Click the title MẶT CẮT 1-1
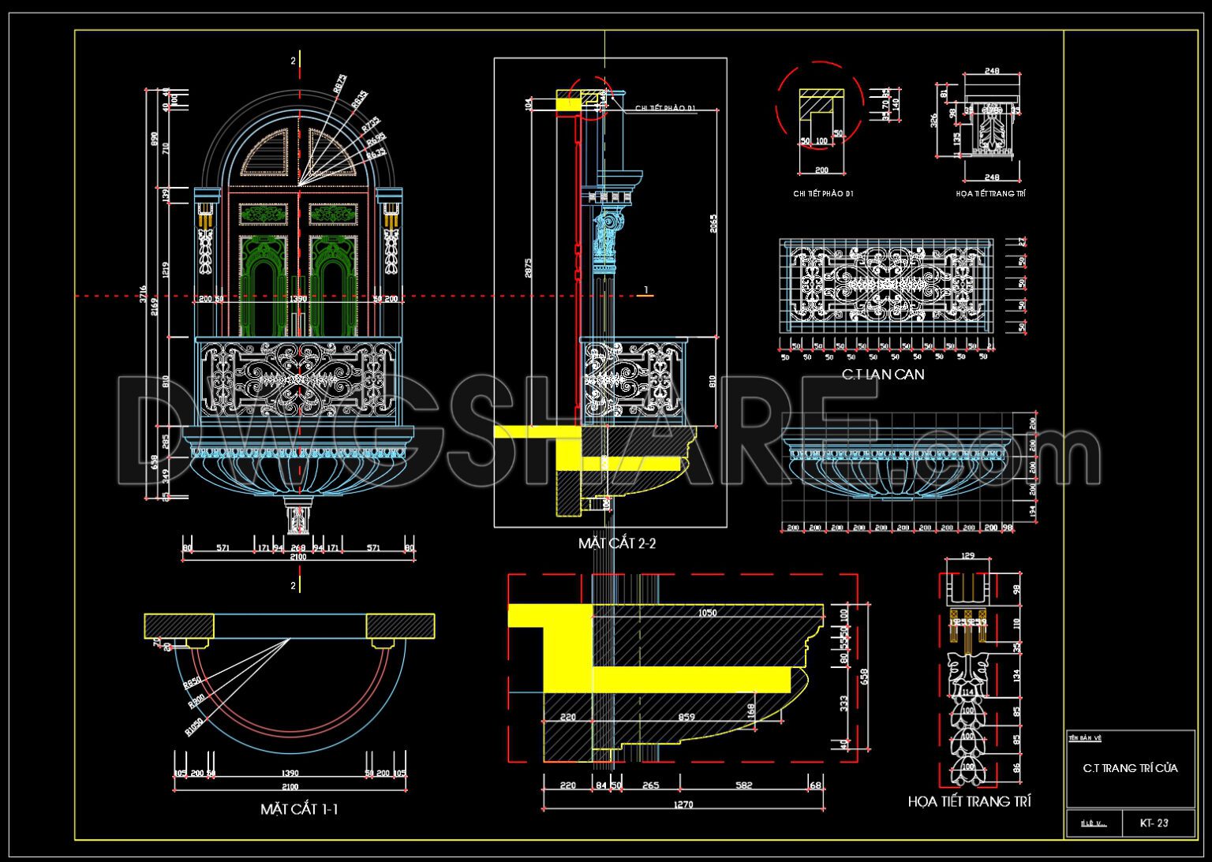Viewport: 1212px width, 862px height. click(299, 809)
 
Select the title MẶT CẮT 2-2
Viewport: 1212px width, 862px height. click(617, 543)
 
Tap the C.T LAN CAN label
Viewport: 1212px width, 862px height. click(882, 375)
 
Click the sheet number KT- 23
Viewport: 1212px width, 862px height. click(1154, 823)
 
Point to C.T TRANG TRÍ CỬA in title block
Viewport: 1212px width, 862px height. click(1130, 767)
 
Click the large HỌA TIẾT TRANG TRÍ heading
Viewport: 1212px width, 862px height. click(969, 801)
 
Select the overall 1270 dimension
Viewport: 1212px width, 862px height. click(683, 804)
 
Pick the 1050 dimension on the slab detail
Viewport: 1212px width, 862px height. click(707, 613)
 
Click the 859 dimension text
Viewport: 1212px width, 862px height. click(686, 717)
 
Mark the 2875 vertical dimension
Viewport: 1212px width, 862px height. click(528, 268)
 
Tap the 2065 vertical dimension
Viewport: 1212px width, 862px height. click(713, 224)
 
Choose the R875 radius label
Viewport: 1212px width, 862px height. click(339, 84)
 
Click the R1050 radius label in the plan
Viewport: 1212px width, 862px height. click(194, 726)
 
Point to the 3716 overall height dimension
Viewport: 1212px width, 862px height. click(144, 293)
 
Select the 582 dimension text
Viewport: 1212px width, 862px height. click(743, 785)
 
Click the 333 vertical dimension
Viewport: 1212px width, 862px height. click(845, 702)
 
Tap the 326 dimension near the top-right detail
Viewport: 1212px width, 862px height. click(933, 120)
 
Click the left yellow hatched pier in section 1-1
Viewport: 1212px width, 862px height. click(178, 626)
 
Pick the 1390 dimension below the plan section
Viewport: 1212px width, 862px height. click(290, 774)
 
